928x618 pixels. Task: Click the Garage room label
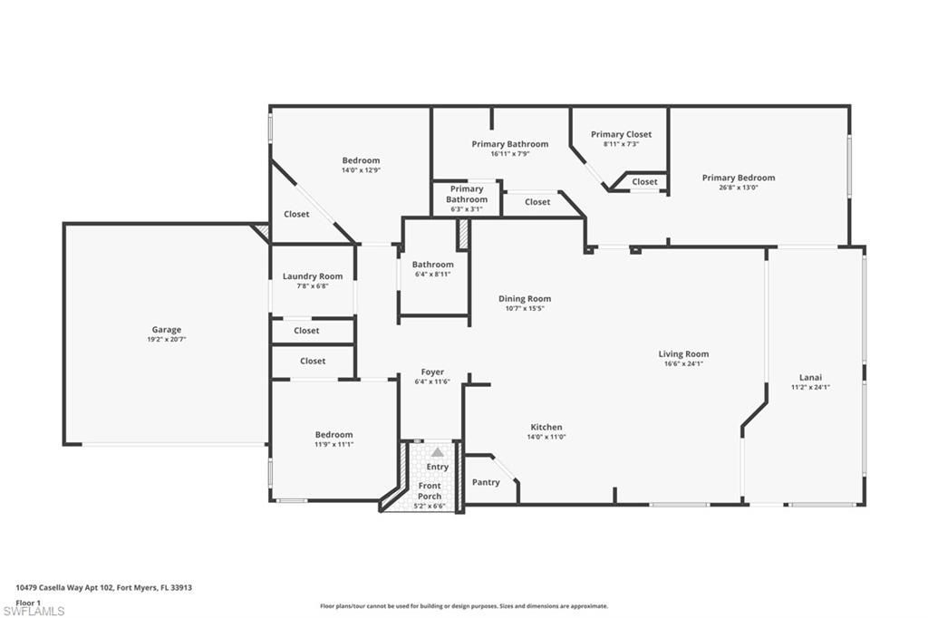point(167,330)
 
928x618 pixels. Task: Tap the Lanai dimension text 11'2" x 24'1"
point(810,387)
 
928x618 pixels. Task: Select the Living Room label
point(683,354)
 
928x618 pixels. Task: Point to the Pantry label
point(486,482)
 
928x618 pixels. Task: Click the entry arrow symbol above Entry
point(438,452)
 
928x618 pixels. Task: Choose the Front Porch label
point(430,491)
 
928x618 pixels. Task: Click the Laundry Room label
point(313,276)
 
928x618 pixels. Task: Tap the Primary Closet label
point(621,134)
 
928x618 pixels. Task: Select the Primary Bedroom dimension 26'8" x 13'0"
point(739,188)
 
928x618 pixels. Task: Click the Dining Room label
point(525,298)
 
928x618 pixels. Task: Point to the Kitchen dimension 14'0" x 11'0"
point(546,437)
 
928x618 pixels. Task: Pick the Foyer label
point(432,372)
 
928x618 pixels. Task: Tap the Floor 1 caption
point(29,602)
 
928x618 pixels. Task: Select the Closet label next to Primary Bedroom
point(644,181)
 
